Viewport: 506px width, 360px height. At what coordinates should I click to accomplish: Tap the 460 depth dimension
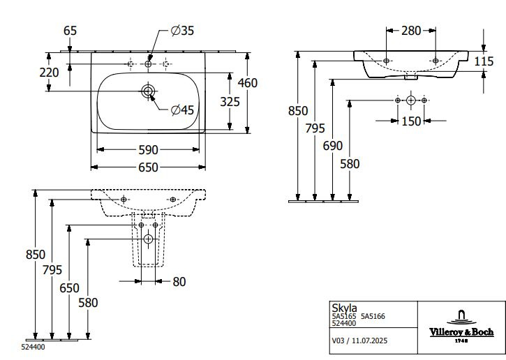[x=246, y=83]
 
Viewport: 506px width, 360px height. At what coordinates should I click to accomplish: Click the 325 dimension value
[x=230, y=101]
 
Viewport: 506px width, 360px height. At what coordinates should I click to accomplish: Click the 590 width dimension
[x=148, y=149]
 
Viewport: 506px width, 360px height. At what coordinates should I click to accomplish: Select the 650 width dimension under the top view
[x=148, y=167]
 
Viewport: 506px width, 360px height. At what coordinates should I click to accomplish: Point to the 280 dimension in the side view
[x=411, y=30]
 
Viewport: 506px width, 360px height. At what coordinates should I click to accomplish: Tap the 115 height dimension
[x=483, y=61]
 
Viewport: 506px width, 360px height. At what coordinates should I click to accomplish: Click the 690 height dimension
[x=333, y=146]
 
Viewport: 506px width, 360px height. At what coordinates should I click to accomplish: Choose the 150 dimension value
[x=411, y=121]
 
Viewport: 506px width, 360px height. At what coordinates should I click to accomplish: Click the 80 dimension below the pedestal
[x=179, y=282]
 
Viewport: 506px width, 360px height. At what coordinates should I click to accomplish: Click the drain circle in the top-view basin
[x=149, y=91]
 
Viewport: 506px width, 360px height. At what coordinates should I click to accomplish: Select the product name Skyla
[x=341, y=308]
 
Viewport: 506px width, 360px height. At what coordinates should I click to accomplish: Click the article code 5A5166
[x=373, y=317]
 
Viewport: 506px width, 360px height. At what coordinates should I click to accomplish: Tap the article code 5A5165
[x=343, y=317]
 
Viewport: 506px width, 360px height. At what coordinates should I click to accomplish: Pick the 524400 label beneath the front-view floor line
[x=34, y=346]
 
